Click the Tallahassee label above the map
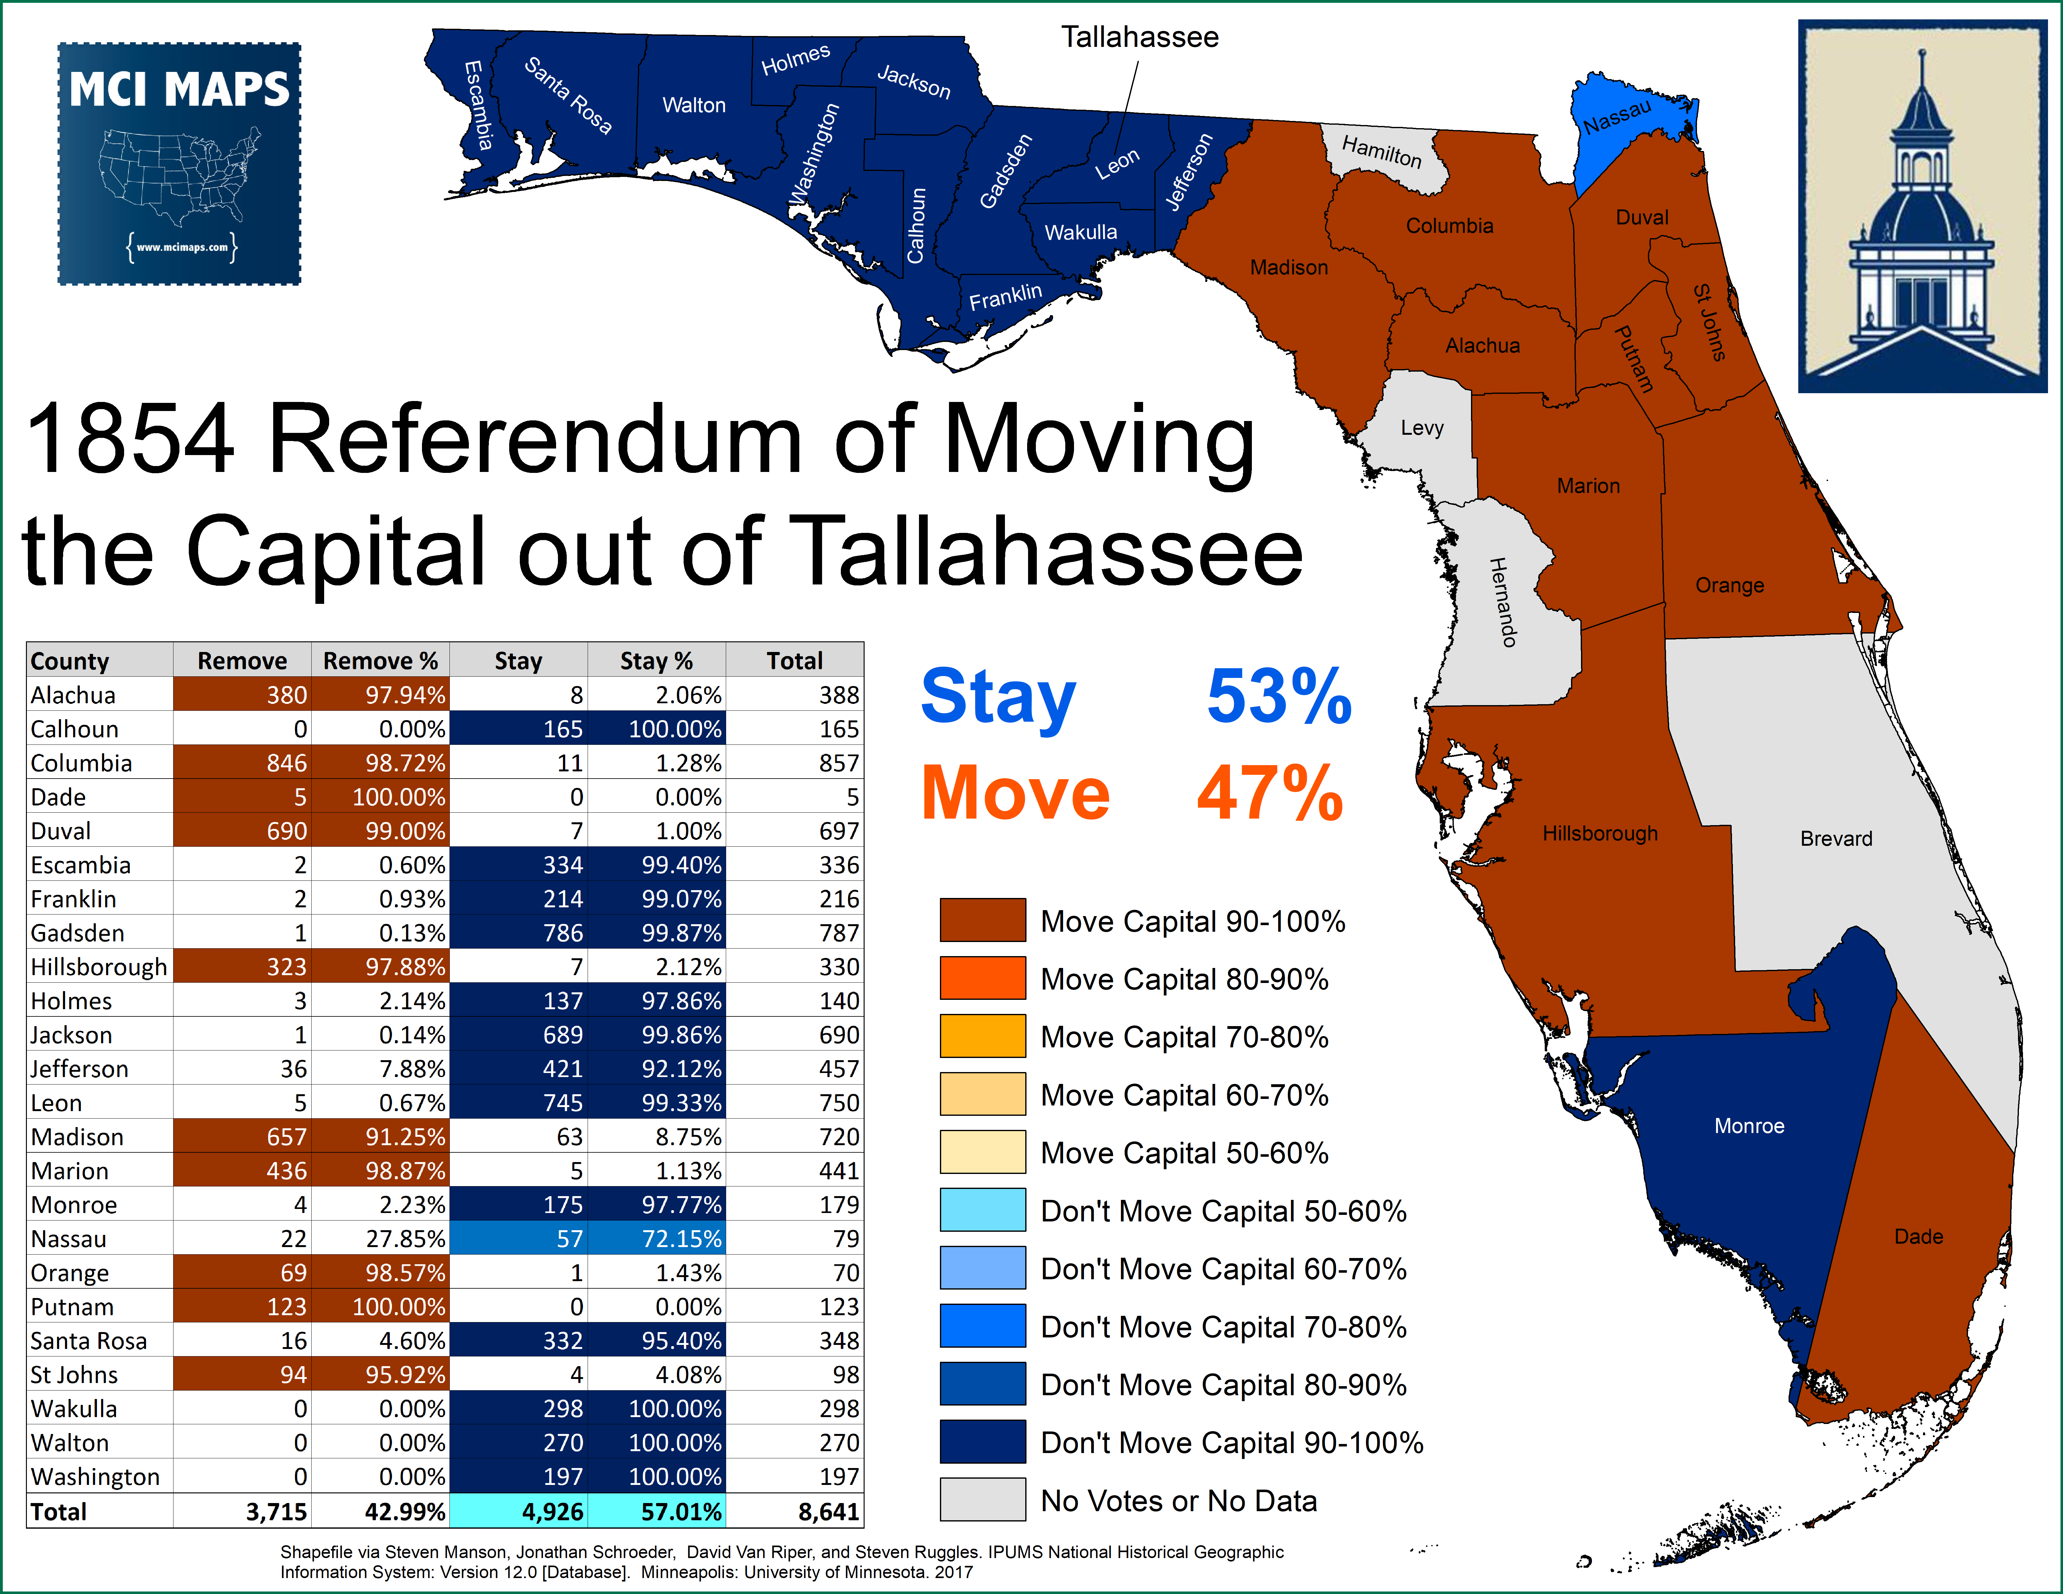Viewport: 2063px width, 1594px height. pyautogui.click(x=1139, y=38)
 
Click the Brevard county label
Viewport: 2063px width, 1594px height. pyautogui.click(x=1835, y=839)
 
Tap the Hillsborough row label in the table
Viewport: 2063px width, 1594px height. pyautogui.click(x=98, y=967)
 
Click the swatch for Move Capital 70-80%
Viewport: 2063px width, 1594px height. pyautogui.click(x=982, y=1037)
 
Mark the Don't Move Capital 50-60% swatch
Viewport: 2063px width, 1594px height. pyautogui.click(x=982, y=1211)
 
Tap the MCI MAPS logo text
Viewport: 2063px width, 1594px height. pyautogui.click(x=179, y=90)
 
